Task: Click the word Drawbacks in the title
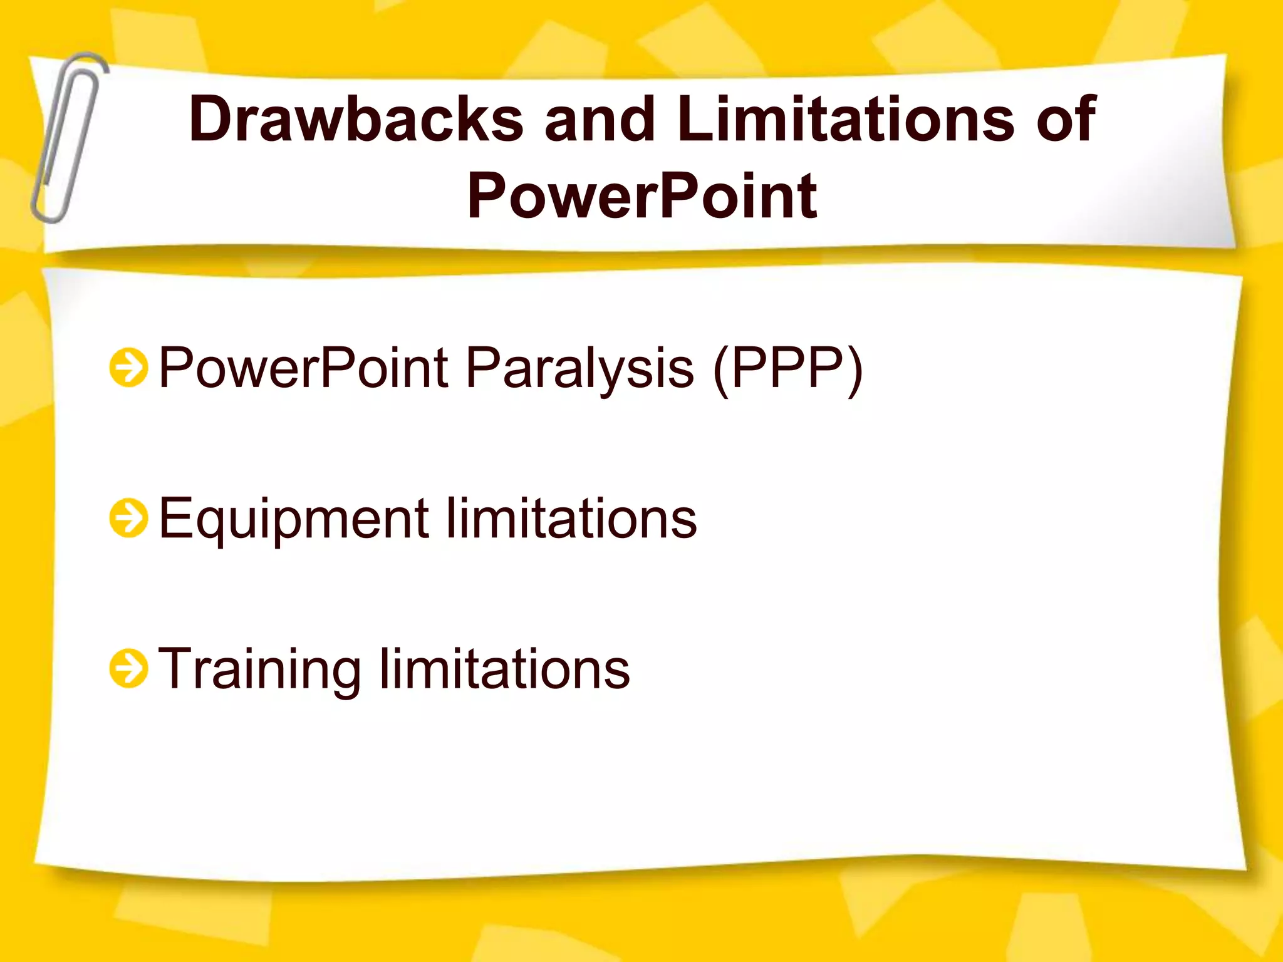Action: [355, 119]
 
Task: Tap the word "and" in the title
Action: [600, 119]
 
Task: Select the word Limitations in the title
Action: [845, 119]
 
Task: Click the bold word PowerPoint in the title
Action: [641, 196]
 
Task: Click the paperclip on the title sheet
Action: [68, 138]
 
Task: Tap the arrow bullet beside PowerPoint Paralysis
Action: [128, 368]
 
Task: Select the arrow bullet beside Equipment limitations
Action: [128, 518]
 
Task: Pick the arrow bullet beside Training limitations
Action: [128, 668]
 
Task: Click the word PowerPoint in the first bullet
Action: [304, 368]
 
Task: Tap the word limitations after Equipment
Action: [571, 519]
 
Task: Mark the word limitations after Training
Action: [504, 669]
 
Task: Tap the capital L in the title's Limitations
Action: [694, 119]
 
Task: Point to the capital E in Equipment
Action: [175, 518]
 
